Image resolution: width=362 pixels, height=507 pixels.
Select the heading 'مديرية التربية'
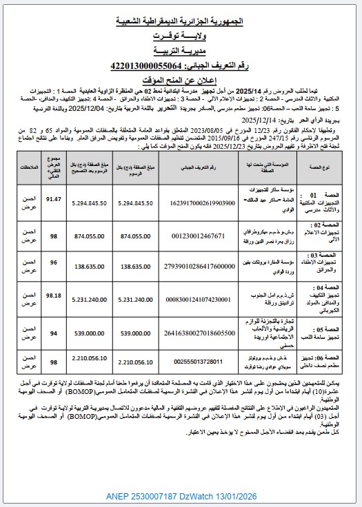click(x=181, y=52)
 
